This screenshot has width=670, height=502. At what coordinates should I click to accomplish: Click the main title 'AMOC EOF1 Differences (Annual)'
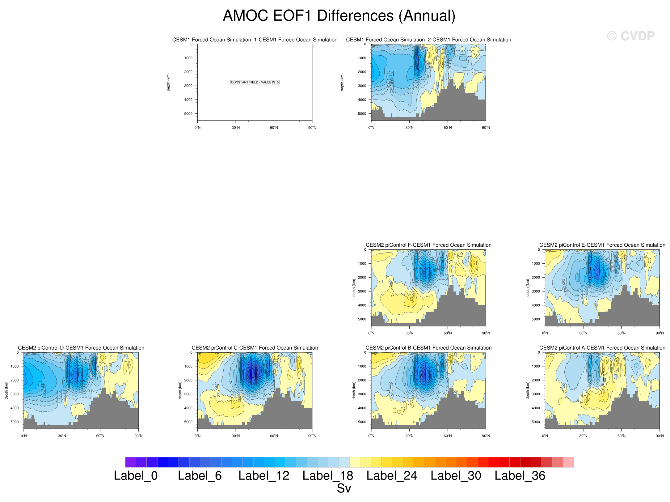[339, 16]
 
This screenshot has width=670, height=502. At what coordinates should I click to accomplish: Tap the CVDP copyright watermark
[630, 36]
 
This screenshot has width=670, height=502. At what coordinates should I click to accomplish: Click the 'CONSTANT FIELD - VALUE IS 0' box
[255, 82]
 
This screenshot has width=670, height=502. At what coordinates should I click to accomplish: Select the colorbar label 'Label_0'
[136, 476]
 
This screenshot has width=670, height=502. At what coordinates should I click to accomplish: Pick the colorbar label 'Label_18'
[328, 476]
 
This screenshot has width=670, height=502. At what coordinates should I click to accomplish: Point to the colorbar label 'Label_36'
[520, 476]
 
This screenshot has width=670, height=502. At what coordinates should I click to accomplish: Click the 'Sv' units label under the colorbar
[344, 488]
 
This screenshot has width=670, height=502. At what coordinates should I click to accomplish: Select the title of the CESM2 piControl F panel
[428, 245]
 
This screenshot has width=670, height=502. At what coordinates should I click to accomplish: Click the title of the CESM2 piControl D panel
[81, 348]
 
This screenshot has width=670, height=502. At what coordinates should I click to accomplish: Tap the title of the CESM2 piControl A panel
[602, 348]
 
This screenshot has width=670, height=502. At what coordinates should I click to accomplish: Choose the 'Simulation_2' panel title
[428, 40]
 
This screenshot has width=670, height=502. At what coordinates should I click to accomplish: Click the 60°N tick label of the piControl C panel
[274, 436]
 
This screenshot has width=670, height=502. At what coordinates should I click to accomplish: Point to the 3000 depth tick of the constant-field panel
[188, 86]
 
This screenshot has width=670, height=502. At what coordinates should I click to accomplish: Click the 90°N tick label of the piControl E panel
[659, 333]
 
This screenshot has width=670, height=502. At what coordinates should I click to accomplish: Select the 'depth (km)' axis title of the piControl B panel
[354, 390]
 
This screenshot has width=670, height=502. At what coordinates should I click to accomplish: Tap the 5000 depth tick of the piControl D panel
[15, 422]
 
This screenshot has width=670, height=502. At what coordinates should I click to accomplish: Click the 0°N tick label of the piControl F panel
[371, 333]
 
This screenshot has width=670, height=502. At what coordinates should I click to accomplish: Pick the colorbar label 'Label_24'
[392, 476]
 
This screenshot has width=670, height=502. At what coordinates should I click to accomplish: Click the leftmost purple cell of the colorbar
[131, 462]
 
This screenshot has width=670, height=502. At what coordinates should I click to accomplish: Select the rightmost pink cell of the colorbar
[568, 462]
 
